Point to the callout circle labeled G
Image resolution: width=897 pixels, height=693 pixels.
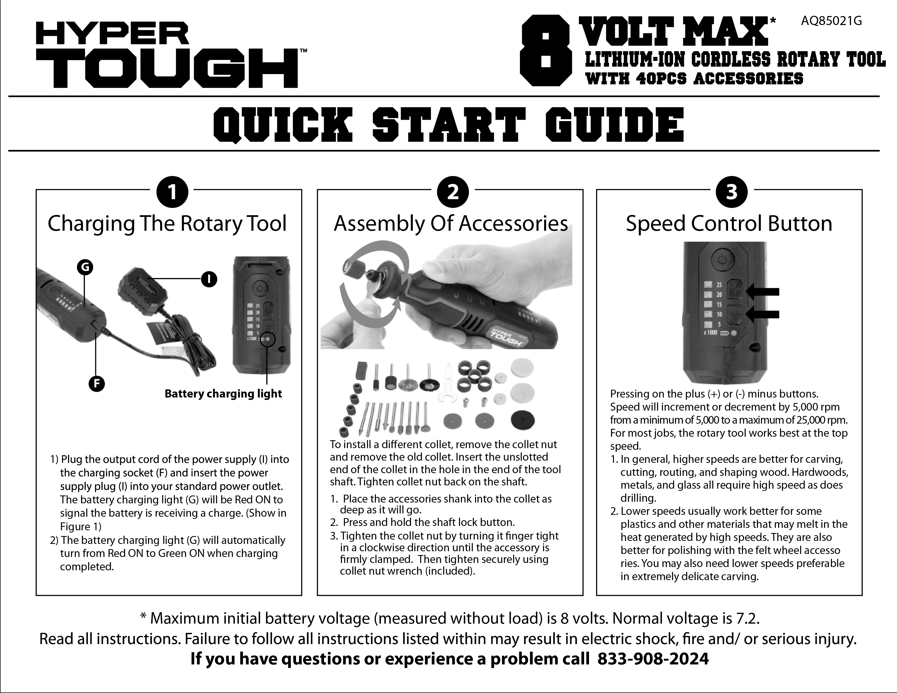[85, 267]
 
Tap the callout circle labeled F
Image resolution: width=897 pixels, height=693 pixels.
[97, 384]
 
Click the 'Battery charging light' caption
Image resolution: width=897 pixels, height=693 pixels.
[223, 393]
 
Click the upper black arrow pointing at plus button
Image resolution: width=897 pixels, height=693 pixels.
[762, 292]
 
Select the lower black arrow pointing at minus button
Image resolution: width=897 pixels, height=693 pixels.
[762, 314]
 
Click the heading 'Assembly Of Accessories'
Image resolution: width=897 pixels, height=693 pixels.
[451, 224]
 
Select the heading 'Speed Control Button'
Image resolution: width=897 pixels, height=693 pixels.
[729, 224]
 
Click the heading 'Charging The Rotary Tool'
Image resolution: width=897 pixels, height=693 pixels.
[167, 224]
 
